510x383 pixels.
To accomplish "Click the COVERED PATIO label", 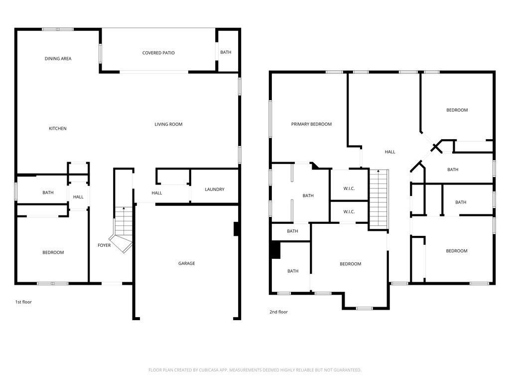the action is [x=158, y=53].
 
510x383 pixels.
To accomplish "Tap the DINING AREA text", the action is [x=58, y=59].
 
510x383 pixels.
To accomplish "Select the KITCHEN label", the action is [x=58, y=129].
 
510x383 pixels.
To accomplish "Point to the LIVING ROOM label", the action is [x=168, y=124].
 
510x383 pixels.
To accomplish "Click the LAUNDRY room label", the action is [x=215, y=189].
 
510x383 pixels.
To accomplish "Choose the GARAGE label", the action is [x=187, y=263].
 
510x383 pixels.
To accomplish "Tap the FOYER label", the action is [x=104, y=245].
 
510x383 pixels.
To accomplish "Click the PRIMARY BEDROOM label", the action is [x=311, y=124].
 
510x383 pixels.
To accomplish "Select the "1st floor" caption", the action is [x=23, y=302].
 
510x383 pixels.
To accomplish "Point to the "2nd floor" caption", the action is [x=278, y=312].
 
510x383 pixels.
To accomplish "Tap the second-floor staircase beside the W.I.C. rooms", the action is [x=379, y=198].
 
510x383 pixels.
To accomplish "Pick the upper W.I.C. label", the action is [x=349, y=189].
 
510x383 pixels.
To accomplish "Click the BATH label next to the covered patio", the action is [x=226, y=52].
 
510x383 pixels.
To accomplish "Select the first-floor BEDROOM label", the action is [x=53, y=252].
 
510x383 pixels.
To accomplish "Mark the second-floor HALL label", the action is [x=390, y=152].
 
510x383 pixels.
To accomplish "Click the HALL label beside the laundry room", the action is [x=157, y=193].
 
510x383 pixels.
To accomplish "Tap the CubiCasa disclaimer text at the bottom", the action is [x=255, y=370].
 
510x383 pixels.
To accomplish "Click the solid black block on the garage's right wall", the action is [x=237, y=228].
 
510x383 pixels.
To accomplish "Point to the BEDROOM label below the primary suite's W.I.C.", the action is [x=350, y=264].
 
